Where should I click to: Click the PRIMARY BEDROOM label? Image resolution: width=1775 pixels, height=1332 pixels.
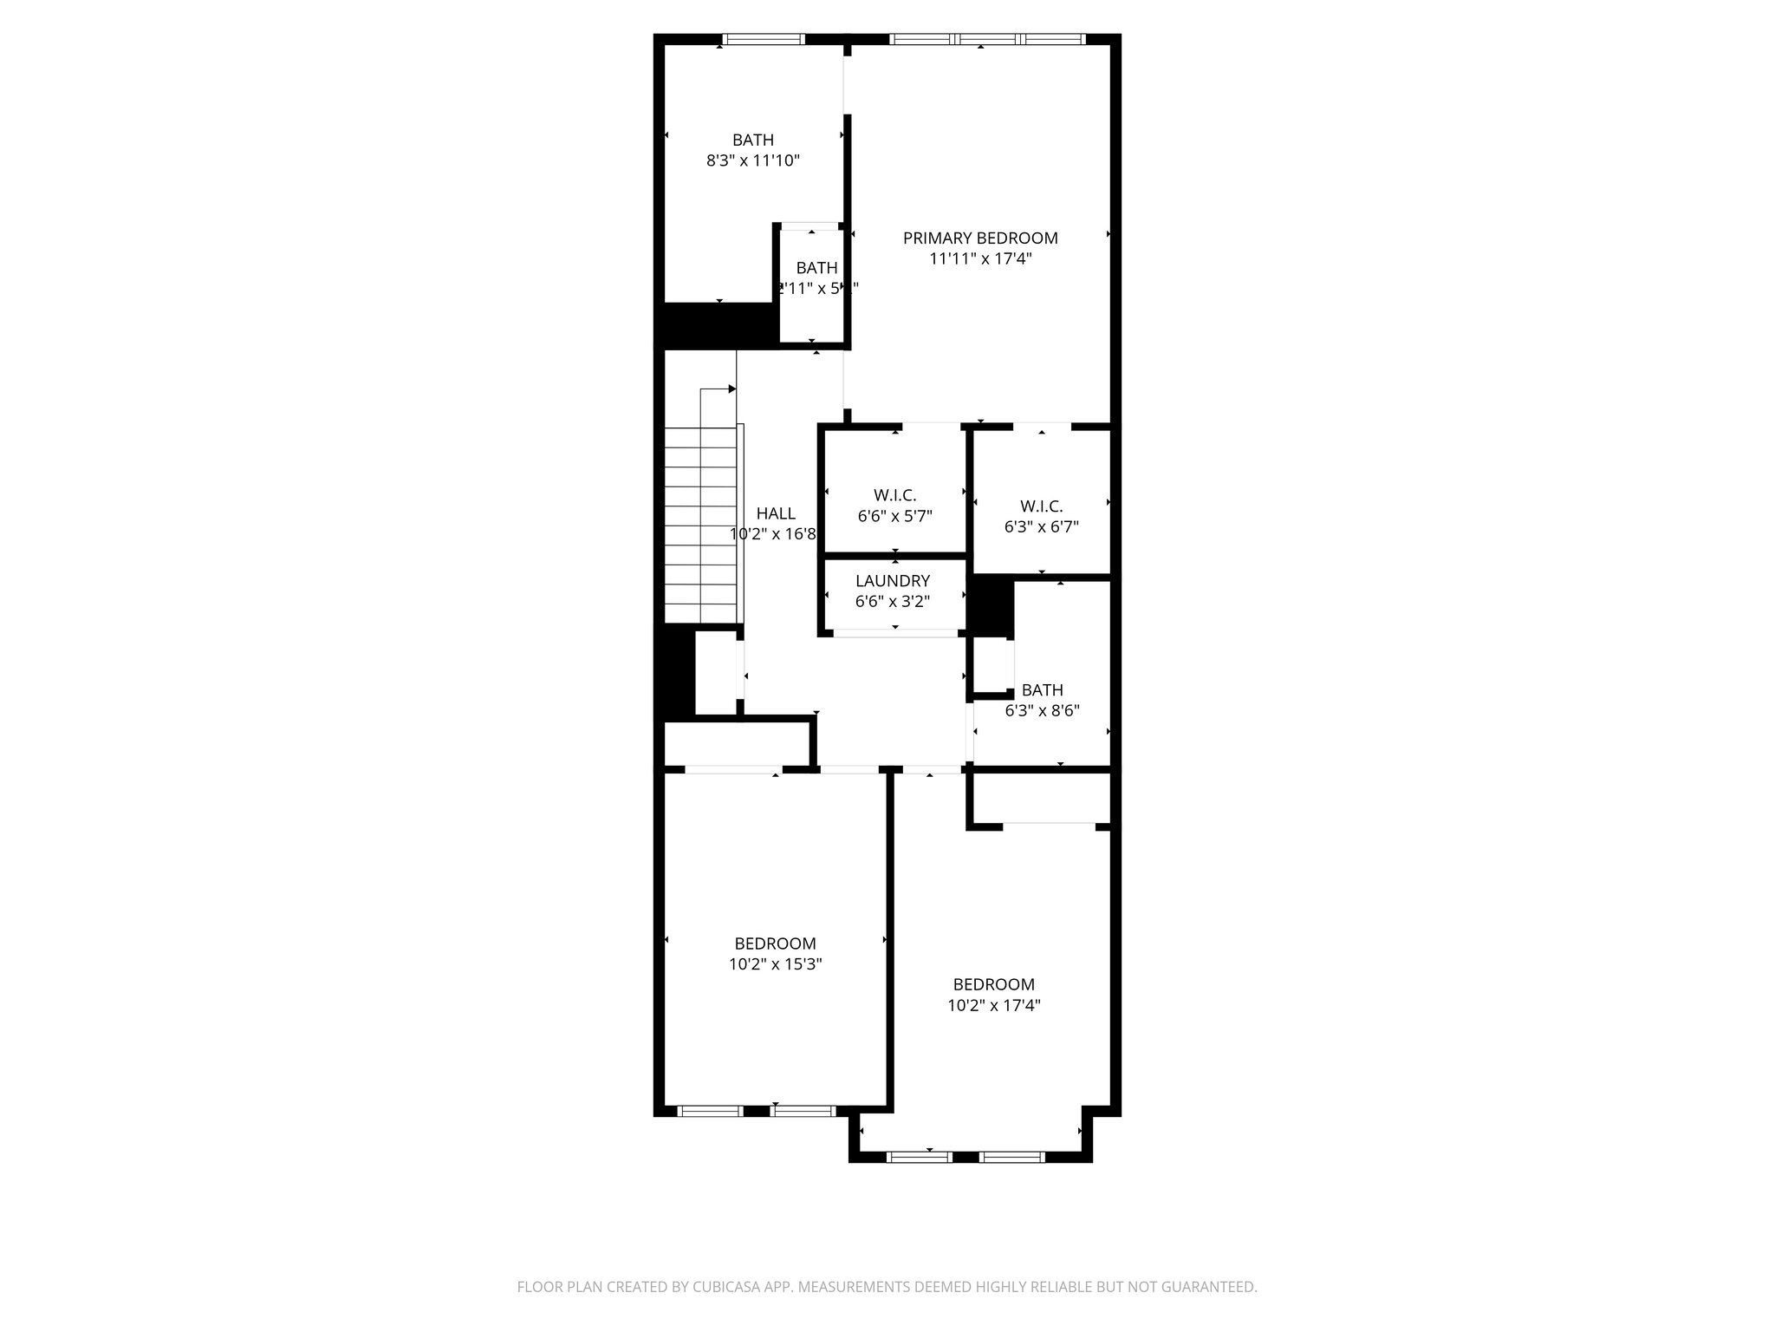(x=980, y=238)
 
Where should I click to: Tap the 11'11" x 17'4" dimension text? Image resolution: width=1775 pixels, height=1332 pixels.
(x=980, y=258)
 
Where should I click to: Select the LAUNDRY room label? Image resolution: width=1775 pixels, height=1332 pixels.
(x=893, y=581)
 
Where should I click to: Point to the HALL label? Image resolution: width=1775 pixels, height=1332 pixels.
(x=776, y=513)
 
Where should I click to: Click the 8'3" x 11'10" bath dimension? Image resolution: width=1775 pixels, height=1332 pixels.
(x=753, y=160)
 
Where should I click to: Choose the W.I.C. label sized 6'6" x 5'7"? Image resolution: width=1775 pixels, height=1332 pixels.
(x=894, y=495)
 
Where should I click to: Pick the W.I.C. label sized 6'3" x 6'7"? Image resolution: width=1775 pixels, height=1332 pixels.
(x=1041, y=506)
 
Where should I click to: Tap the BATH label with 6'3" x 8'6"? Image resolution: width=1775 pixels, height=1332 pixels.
(x=1042, y=690)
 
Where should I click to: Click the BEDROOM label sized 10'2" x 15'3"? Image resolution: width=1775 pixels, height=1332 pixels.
(x=775, y=943)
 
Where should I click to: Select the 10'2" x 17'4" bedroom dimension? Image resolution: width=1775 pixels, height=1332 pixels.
(x=993, y=1006)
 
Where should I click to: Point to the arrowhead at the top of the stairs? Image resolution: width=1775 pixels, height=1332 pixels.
(x=732, y=389)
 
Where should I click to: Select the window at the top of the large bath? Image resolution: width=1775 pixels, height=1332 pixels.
(x=764, y=39)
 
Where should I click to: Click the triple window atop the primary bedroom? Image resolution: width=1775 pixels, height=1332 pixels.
(x=987, y=39)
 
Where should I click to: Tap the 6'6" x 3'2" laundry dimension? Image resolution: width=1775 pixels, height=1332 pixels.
(x=893, y=602)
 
